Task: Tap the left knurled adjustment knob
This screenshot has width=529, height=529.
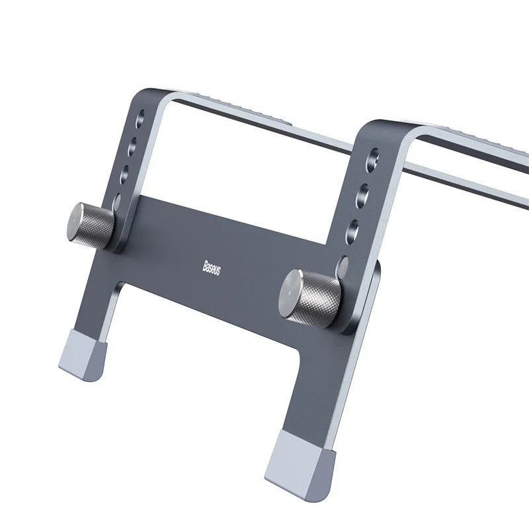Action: [92, 224]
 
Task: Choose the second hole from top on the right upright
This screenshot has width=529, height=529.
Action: [366, 192]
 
